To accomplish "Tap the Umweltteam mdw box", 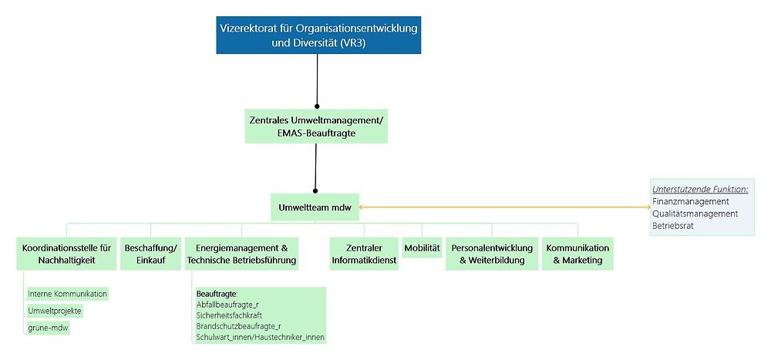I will [x=315, y=207].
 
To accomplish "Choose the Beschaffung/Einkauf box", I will [x=150, y=254].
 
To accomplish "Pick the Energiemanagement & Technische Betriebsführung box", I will [x=241, y=254].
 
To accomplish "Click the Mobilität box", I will [x=422, y=248].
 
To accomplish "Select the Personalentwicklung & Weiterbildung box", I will [x=491, y=254].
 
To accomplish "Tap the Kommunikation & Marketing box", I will [x=577, y=254].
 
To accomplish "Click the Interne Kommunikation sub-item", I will [x=68, y=294].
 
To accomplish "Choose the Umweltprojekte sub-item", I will [x=55, y=311].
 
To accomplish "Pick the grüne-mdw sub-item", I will [x=49, y=328].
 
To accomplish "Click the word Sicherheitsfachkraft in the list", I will [x=229, y=315].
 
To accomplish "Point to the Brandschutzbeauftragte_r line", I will [x=239, y=326].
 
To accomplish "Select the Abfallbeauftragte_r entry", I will [x=228, y=304].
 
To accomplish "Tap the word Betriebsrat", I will [x=672, y=225].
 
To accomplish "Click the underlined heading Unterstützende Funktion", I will [x=700, y=188].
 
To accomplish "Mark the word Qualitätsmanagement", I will [x=695, y=213].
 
